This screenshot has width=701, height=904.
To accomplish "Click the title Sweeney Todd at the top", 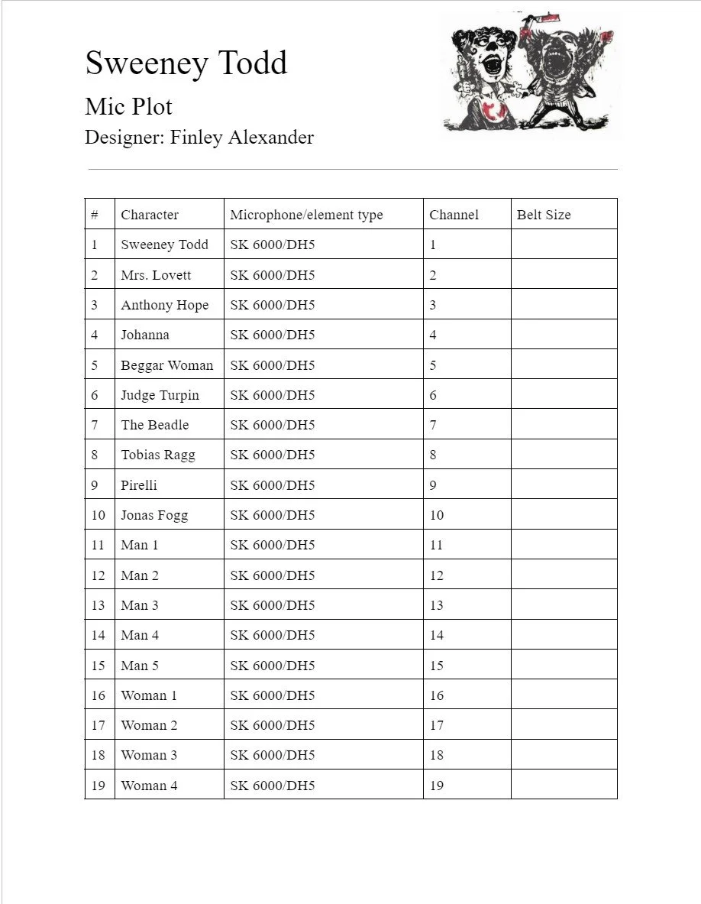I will pyautogui.click(x=186, y=63).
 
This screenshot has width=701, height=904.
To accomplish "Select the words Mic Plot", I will pyautogui.click(x=128, y=106).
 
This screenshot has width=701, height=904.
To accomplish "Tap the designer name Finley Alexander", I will pyautogui.click(x=241, y=138).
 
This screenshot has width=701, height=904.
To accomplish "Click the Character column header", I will pyautogui.click(x=150, y=215).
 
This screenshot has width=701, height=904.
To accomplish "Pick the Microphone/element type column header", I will pyautogui.click(x=306, y=215).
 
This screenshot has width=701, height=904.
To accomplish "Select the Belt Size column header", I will pyautogui.click(x=544, y=215).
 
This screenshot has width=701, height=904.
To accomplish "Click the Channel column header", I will pyautogui.click(x=454, y=215).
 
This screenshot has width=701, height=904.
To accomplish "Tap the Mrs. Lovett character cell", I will pyautogui.click(x=156, y=275).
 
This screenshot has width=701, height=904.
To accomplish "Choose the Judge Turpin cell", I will pyautogui.click(x=160, y=395).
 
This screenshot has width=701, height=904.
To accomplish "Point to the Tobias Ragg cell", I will pyautogui.click(x=158, y=455).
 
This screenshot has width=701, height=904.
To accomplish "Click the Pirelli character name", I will pyautogui.click(x=139, y=485).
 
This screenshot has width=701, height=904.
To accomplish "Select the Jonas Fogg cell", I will pyautogui.click(x=154, y=515).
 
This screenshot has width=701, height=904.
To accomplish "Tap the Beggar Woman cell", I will pyautogui.click(x=166, y=365).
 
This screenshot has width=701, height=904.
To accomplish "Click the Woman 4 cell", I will pyautogui.click(x=149, y=786).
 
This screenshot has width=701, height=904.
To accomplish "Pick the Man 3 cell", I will pyautogui.click(x=140, y=605).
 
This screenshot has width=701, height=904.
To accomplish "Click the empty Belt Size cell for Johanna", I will pyautogui.click(x=564, y=335).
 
